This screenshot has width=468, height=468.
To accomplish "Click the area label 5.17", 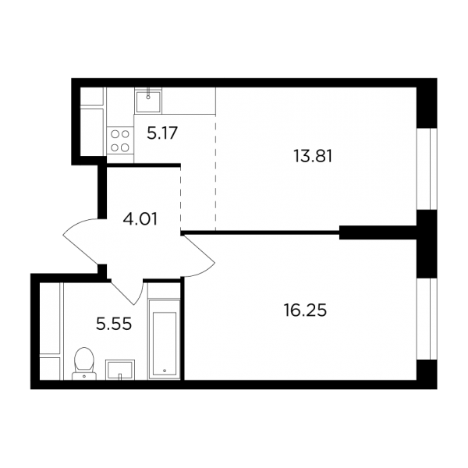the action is tap(162, 133).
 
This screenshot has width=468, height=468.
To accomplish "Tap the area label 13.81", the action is tap(313, 156).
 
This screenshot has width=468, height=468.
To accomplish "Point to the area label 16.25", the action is tap(305, 310).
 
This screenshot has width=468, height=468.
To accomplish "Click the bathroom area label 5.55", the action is tap(114, 324).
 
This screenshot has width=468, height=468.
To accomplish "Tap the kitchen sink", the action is tap(148, 101).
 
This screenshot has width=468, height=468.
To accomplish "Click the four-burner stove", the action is tap(120, 141).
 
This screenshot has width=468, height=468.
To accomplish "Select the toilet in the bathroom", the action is tap(84, 363).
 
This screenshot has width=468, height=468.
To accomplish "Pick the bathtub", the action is tap(164, 339).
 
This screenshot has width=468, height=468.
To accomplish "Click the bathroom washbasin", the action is tap(120, 370).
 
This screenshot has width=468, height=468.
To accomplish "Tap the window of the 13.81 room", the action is tap(427, 169).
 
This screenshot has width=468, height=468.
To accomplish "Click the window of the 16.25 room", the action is tap(427, 319).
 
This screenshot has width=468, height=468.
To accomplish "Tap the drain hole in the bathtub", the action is tap(165, 370).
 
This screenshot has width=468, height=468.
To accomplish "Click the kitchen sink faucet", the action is tap(148, 93).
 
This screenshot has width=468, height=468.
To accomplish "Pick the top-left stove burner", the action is tap(115, 134).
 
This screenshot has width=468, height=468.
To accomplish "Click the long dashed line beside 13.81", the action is tap(215, 173).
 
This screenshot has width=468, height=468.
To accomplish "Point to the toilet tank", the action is tap(84, 376).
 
